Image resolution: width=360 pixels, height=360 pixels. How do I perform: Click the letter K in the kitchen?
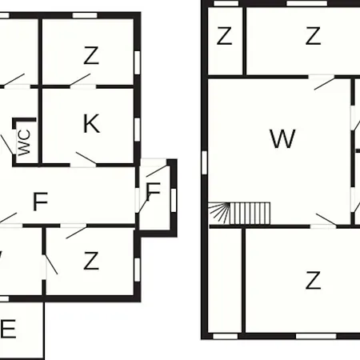(x=91, y=123)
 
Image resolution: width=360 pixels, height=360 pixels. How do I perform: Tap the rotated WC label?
(x=24, y=142)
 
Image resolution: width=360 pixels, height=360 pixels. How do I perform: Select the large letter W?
(x=282, y=138)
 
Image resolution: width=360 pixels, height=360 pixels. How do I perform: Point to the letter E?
(x=8, y=329)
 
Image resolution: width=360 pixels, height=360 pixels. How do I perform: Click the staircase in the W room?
(x=239, y=214)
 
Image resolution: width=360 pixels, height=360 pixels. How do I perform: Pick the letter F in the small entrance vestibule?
(x=154, y=191)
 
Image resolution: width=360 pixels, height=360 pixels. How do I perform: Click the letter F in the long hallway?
(x=40, y=202)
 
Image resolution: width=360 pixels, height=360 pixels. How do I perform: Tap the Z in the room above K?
(x=91, y=55)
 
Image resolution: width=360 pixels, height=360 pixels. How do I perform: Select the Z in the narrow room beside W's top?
(x=224, y=36)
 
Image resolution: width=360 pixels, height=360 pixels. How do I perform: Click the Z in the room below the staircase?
(x=313, y=280)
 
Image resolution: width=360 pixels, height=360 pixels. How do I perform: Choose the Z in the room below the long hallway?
(x=91, y=261)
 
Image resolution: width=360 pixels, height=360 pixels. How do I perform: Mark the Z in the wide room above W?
(x=313, y=36)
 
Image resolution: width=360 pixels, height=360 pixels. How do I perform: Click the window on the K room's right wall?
(x=137, y=130)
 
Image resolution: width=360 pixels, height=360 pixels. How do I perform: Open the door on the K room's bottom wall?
(x=83, y=161)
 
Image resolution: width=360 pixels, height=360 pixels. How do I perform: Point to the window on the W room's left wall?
(x=205, y=162)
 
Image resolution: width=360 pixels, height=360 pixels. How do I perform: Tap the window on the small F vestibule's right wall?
(x=174, y=200)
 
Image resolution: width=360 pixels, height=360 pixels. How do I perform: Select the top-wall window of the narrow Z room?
(x=226, y=3)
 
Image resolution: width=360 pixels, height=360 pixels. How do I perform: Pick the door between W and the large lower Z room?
(x=323, y=221)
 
